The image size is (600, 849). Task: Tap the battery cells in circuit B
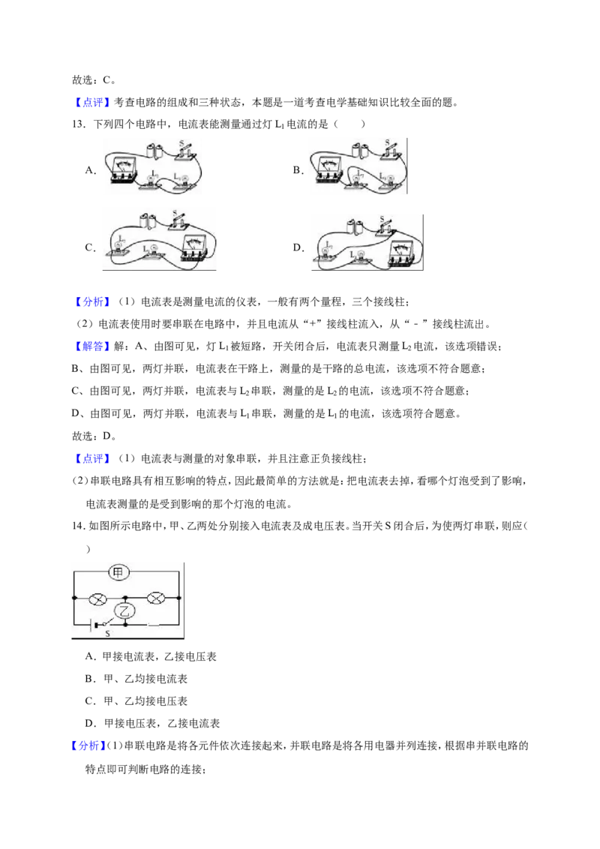(x=359, y=149)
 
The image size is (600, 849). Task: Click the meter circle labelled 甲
(x=118, y=571)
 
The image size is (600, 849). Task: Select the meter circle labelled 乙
(x=126, y=611)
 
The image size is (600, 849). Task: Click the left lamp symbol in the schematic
(x=98, y=598)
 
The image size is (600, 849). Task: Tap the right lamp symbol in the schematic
(x=156, y=598)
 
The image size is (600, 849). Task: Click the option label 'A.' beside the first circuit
(x=91, y=170)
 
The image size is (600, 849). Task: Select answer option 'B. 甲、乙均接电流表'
(x=136, y=679)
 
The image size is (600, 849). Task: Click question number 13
(x=79, y=124)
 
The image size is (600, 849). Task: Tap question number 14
(x=79, y=526)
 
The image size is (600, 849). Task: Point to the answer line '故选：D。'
(x=94, y=436)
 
